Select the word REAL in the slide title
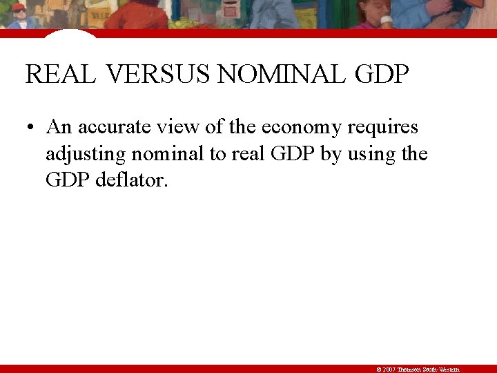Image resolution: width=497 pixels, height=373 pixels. click(x=60, y=74)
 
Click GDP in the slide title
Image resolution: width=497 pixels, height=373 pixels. click(x=382, y=74)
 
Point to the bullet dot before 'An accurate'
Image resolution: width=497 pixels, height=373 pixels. click(x=32, y=128)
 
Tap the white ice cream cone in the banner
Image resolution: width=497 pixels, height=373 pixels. click(x=387, y=21)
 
